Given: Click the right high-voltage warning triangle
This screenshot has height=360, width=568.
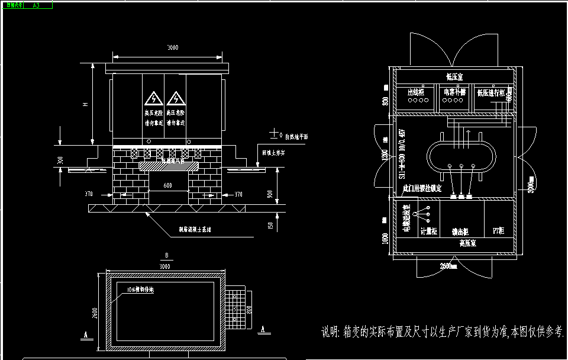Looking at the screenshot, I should coord(176,98).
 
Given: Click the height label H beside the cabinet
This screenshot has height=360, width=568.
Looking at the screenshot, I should coord(86,104).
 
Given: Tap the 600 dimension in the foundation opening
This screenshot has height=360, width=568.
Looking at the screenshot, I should coord(168,185).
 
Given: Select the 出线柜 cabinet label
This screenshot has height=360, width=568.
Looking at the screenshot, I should coord(417,92).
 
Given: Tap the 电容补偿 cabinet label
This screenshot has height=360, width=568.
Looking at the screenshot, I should coord(454,92).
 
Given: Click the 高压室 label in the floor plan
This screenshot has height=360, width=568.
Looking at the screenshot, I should coord(468,243).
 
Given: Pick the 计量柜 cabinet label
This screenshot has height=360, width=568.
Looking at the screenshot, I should coord(428,232).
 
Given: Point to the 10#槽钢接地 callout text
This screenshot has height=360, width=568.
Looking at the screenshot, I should coord(141,290).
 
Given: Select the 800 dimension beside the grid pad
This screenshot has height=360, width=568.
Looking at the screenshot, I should coord(250,305).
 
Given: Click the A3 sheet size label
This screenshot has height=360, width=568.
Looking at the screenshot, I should coord(36,5).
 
